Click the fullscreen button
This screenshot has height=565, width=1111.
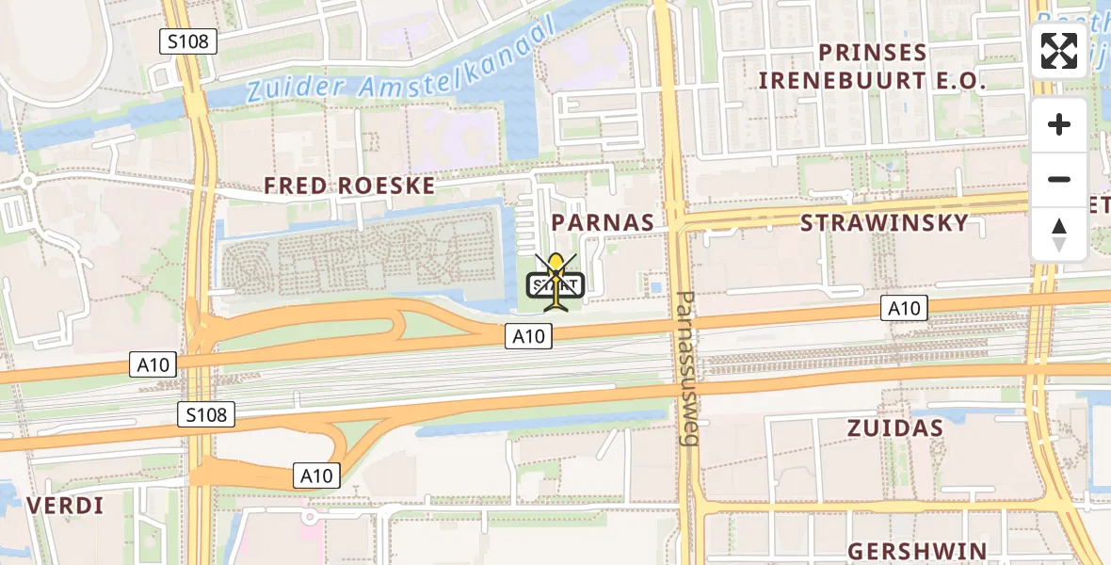point(1059,51)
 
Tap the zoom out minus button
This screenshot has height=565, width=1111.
point(1059,179)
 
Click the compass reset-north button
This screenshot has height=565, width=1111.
point(1059,234)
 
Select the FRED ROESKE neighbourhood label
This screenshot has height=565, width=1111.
point(349,186)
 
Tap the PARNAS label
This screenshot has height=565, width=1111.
point(603,222)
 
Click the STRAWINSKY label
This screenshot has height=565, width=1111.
point(884,222)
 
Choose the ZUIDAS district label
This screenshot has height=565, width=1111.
point(894,428)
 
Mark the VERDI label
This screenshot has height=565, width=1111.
point(65,506)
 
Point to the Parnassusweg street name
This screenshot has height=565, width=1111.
point(687,367)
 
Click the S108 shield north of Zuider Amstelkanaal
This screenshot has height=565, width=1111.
point(188,41)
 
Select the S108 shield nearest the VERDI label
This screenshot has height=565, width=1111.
point(206,413)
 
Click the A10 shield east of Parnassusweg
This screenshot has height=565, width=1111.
point(904,307)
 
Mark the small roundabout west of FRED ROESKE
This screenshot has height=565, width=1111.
point(28,180)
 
